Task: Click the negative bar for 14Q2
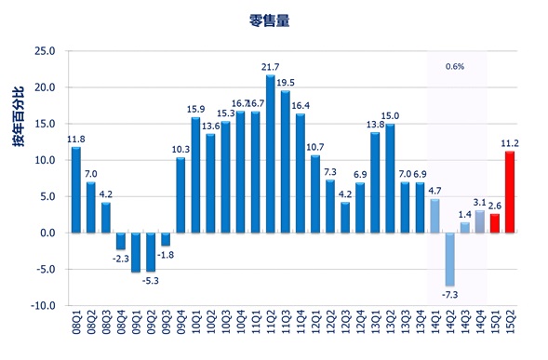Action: pos(450,259)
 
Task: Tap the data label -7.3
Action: pos(450,295)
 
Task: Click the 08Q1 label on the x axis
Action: pos(76,327)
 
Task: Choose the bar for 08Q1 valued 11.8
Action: pos(76,190)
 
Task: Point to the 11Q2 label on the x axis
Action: pos(271,327)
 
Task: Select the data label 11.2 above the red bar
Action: pos(511,142)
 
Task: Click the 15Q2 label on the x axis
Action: pos(510,327)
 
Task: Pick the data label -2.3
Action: pos(121,259)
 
